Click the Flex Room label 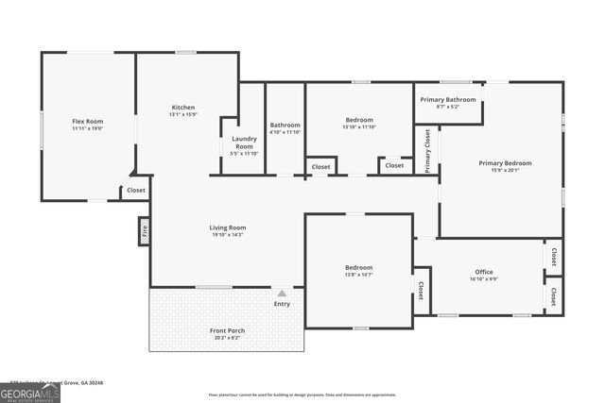[88, 122]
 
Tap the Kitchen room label [182, 108]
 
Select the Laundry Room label [244, 143]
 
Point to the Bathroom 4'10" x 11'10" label [285, 126]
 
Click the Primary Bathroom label [448, 99]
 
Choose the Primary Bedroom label [505, 163]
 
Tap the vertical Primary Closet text [427, 151]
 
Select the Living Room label [228, 227]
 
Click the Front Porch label [226, 330]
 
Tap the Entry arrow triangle [282, 294]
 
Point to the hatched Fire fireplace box [144, 230]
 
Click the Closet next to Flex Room [136, 191]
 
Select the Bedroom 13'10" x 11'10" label [359, 121]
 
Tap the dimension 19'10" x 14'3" [228, 234]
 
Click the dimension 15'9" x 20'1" [505, 170]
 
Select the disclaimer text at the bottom [302, 395]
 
